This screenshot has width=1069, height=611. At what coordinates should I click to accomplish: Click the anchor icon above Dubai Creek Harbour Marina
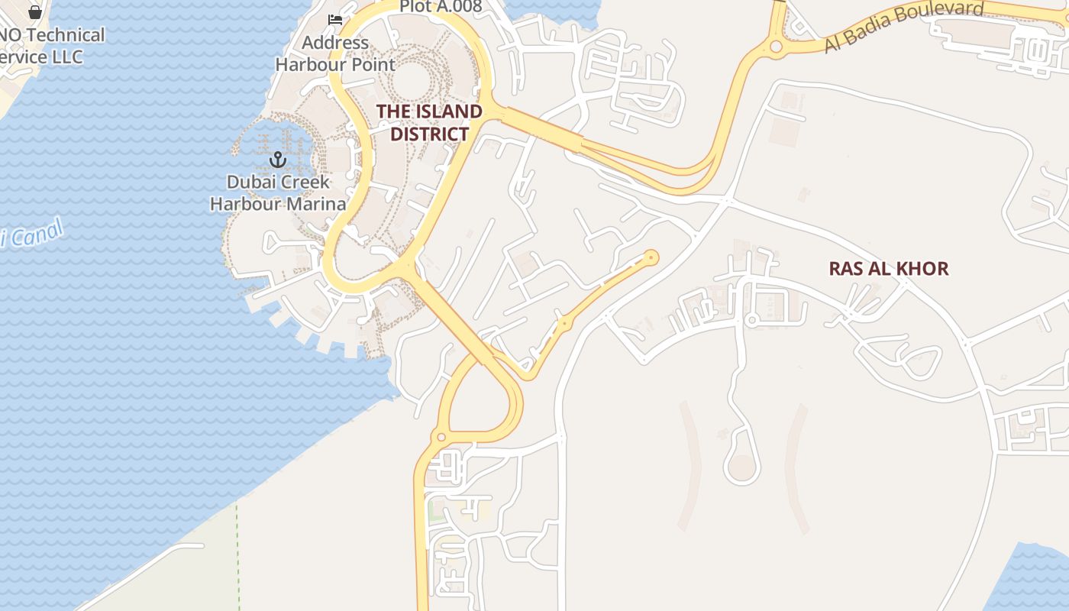[x=278, y=160]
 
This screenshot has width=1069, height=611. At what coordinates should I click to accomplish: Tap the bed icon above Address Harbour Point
[x=334, y=20]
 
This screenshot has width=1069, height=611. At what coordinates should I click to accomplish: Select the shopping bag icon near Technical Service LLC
[x=34, y=11]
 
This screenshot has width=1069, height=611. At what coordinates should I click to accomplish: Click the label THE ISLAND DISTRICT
[x=429, y=122]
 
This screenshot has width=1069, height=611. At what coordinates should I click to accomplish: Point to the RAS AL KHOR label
[x=889, y=268]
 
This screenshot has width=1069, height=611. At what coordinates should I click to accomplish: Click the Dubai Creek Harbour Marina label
[x=278, y=193]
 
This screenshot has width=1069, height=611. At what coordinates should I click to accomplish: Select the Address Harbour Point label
[x=335, y=53]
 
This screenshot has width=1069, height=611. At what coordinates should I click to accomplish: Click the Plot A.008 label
[x=441, y=7]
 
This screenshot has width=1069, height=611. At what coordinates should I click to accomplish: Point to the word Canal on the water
[x=34, y=235]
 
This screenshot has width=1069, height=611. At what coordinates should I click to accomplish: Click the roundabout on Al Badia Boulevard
[x=776, y=47]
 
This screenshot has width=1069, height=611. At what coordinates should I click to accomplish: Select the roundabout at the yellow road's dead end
[x=651, y=258]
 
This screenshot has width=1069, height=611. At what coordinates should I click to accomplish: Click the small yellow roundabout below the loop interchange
[x=441, y=438]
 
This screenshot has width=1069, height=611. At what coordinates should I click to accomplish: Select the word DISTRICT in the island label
[x=429, y=134]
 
